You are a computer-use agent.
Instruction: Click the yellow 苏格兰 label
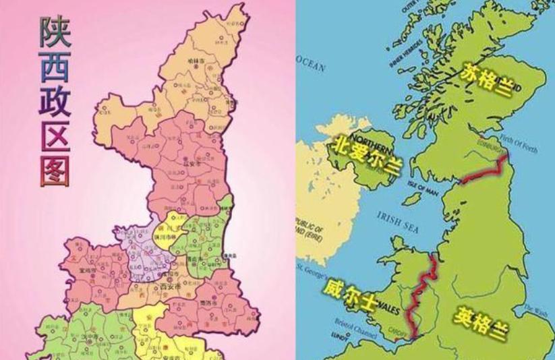pos(487,80)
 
